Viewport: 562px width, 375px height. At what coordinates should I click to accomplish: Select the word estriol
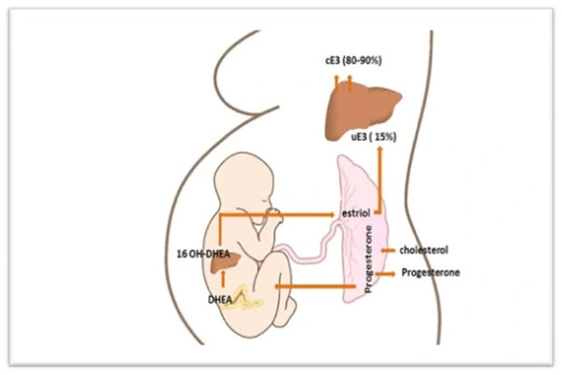pyautogui.click(x=357, y=215)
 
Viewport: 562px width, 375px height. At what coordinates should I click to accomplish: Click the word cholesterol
pyautogui.click(x=423, y=251)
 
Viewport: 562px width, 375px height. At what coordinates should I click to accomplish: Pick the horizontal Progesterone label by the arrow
pyautogui.click(x=430, y=273)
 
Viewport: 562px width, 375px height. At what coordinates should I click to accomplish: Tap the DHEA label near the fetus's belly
pyautogui.click(x=222, y=300)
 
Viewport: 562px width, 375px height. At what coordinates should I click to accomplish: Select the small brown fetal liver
pyautogui.click(x=224, y=266)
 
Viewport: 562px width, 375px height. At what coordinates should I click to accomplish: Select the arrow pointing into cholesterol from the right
pyautogui.click(x=388, y=251)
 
